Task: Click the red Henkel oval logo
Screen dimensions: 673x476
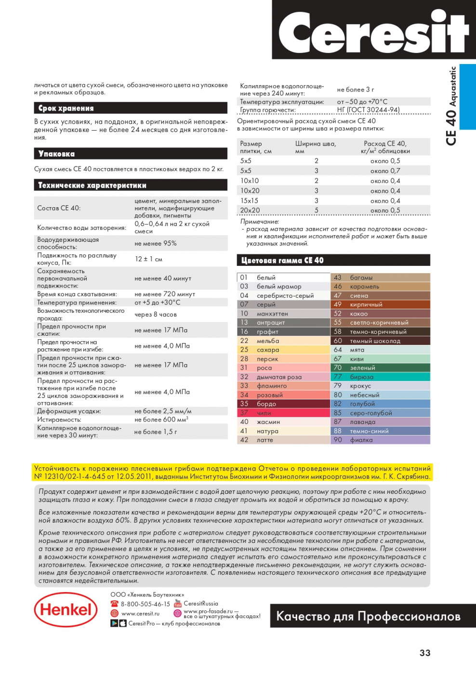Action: (66, 609)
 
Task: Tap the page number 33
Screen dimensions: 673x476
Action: (425, 653)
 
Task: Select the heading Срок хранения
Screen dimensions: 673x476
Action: (66, 108)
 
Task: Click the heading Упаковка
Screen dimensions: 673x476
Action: (57, 154)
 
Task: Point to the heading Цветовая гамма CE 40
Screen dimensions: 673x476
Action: (282, 260)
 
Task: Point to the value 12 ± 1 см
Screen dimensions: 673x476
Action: (148, 259)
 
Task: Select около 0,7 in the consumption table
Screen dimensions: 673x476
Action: (385, 171)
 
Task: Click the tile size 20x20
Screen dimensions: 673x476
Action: (250, 211)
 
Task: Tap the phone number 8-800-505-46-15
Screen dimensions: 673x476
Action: (145, 604)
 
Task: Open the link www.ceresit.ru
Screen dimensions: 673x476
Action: (140, 613)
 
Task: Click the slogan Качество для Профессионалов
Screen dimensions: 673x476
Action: (368, 616)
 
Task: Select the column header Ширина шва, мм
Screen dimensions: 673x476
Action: (316, 147)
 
